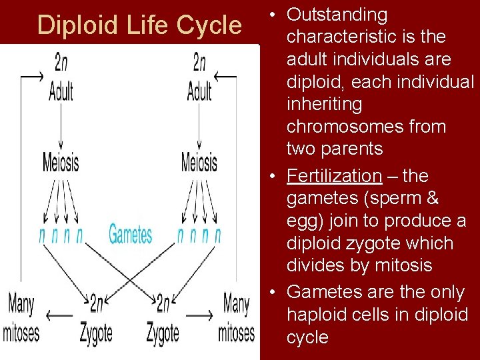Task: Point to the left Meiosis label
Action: [61, 162]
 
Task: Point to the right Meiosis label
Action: [199, 162]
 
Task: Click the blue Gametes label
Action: [130, 235]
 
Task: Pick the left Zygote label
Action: [96, 332]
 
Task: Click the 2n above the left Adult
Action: [61, 63]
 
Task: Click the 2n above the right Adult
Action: [199, 63]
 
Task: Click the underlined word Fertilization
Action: [334, 176]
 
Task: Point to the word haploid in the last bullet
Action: [318, 315]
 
